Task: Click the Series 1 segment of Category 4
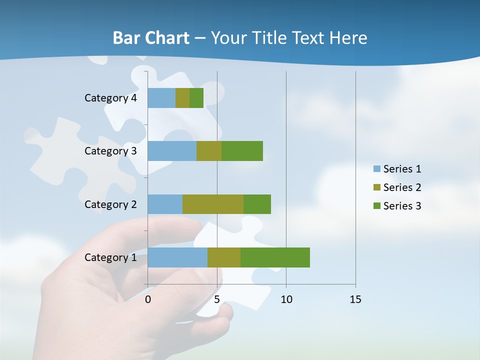point(161,98)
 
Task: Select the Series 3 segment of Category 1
point(275,257)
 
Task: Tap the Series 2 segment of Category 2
point(213,204)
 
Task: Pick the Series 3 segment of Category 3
point(242,151)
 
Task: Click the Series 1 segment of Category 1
point(177,257)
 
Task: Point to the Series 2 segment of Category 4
point(182,98)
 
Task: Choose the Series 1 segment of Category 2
point(165,204)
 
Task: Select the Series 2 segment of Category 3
point(209,151)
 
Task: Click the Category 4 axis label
point(110,98)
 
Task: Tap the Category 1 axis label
point(110,257)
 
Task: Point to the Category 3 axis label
point(110,151)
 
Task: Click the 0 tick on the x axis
point(148,299)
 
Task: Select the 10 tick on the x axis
point(286,299)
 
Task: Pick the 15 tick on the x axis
point(355,299)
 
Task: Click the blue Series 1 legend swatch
point(377,169)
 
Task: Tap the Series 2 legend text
point(402,187)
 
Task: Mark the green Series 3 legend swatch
point(377,206)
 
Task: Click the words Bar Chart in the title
point(150,38)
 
